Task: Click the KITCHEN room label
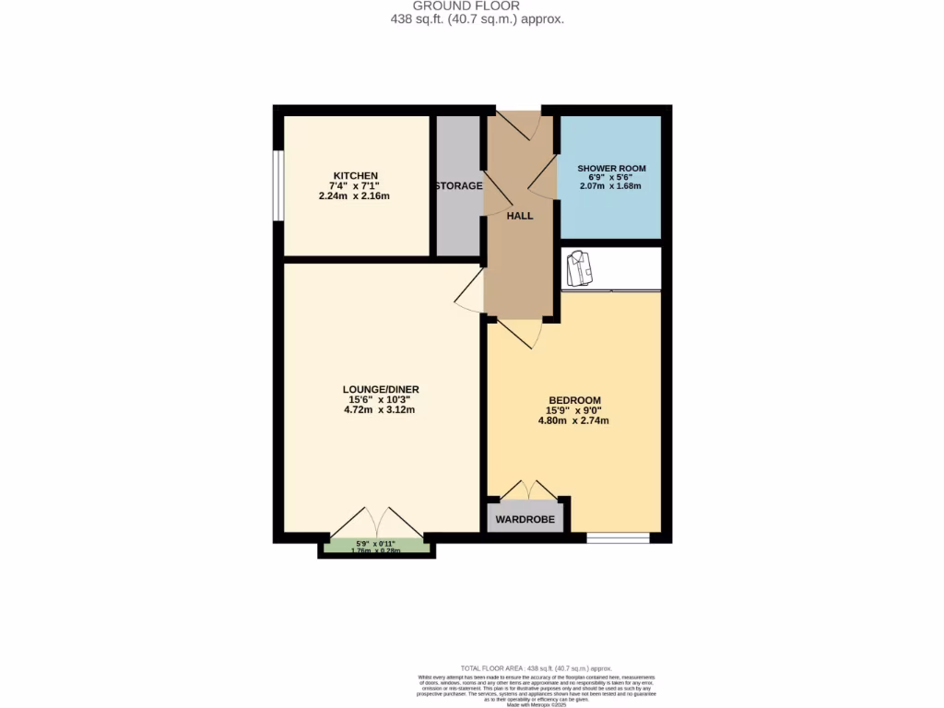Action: pos(356,176)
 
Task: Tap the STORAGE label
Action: pos(458,186)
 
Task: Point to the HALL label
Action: pos(520,216)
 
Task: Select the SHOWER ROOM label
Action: pos(611,169)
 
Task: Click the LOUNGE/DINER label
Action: pos(381,389)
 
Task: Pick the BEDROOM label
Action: pos(573,400)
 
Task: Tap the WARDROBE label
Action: pos(525,520)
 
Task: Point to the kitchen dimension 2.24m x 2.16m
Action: pos(356,195)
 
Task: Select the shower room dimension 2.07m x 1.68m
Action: pos(611,186)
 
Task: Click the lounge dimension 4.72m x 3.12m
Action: pos(381,410)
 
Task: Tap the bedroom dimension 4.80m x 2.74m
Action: pos(573,421)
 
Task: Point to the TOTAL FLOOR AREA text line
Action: pos(536,668)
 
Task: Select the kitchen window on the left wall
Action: pos(277,185)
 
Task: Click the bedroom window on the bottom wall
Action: pos(618,537)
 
